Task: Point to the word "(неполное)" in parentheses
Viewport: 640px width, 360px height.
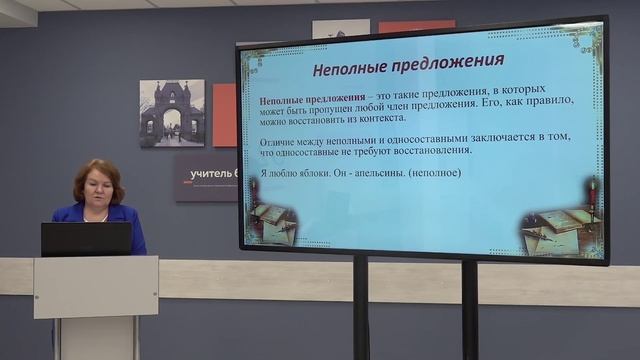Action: (438, 173)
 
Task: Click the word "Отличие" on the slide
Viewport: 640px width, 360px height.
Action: (279, 138)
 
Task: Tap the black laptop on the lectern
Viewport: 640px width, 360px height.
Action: (86, 239)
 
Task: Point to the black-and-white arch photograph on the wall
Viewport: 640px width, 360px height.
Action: (172, 113)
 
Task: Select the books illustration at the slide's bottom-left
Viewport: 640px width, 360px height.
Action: (271, 221)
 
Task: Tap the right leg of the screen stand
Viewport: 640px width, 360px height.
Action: (469, 310)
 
